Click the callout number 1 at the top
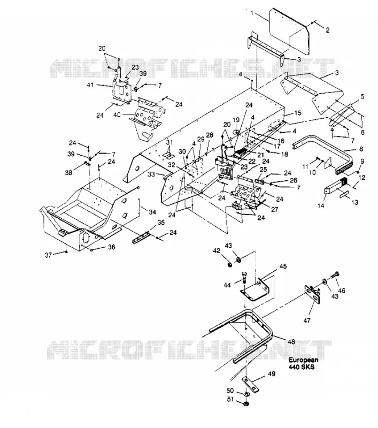tap(252, 13)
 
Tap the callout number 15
tap(298, 113)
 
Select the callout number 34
tap(152, 212)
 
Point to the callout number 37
tap(48, 255)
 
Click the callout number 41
tap(90, 85)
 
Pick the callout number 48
tap(291, 341)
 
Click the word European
tap(303, 360)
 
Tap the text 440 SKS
tap(302, 367)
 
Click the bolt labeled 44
tap(244, 278)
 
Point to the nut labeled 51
tap(246, 403)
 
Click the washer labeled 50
tap(246, 394)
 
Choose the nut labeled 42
tap(230, 264)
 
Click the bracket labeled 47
tap(313, 294)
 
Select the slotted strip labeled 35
tap(141, 237)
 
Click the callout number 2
tap(328, 30)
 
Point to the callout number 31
tap(169, 142)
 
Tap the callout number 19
tap(236, 120)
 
